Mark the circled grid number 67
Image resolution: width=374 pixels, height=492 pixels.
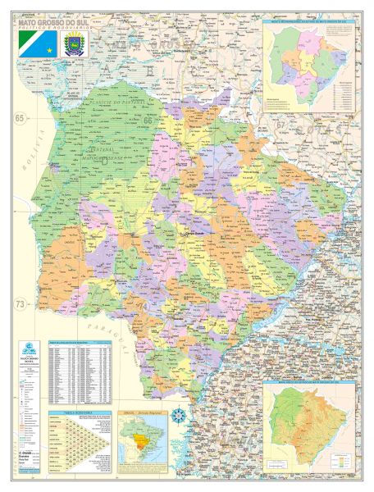coord(280,124)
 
